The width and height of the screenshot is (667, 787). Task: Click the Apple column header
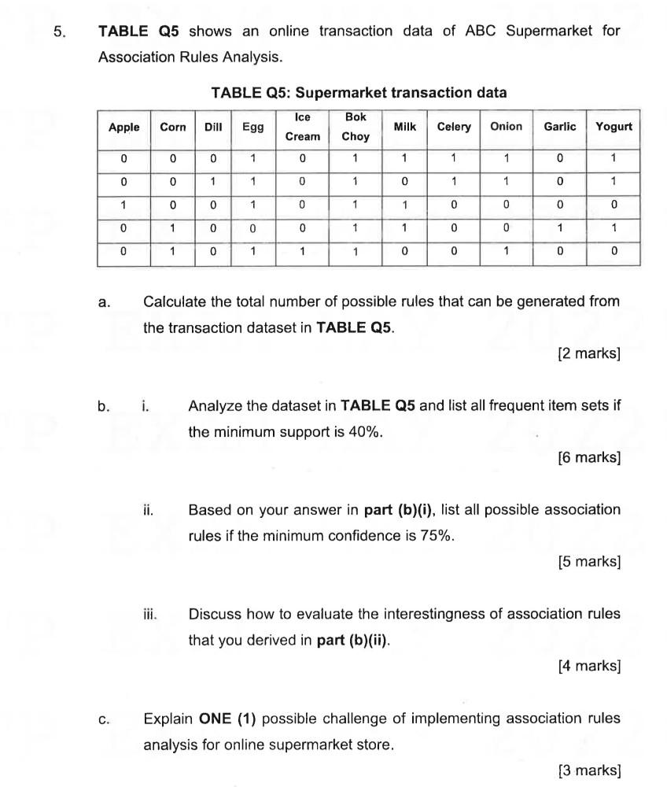pyautogui.click(x=123, y=127)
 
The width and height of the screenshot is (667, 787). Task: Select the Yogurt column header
pyautogui.click(x=614, y=127)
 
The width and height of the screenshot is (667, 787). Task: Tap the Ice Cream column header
pyautogui.click(x=302, y=127)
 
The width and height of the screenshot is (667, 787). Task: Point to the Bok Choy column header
pyautogui.click(x=356, y=127)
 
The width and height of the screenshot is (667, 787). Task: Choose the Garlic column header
pyautogui.click(x=559, y=127)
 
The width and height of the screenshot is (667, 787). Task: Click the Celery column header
pyautogui.click(x=454, y=127)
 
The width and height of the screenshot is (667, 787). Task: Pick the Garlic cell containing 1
pyautogui.click(x=559, y=228)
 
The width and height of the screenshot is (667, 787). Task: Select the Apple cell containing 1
pyautogui.click(x=123, y=205)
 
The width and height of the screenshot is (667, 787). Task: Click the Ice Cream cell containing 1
pyautogui.click(x=302, y=252)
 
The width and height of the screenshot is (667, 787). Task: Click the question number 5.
pyautogui.click(x=58, y=32)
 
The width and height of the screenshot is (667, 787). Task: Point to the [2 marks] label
pyautogui.click(x=589, y=353)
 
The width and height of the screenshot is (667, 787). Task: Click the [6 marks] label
pyautogui.click(x=589, y=457)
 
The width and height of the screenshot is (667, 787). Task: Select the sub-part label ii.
pyautogui.click(x=148, y=510)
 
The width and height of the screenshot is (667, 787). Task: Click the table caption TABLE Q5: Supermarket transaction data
pyautogui.click(x=359, y=93)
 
